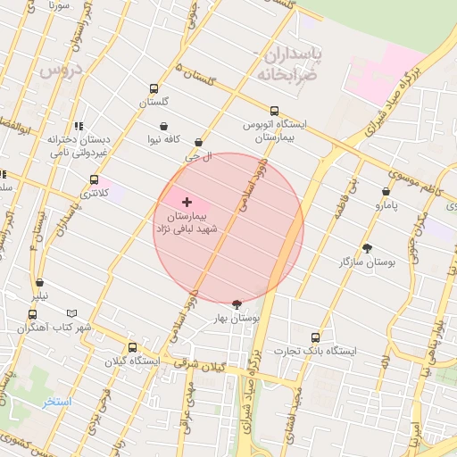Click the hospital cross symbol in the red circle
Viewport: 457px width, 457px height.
tap(187, 203)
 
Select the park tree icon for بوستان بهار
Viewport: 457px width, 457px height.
tap(236, 304)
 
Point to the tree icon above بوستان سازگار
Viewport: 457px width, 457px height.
tap(367, 248)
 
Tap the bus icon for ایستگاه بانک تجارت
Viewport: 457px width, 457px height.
tap(315, 337)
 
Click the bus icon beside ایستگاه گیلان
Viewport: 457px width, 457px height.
tap(132, 348)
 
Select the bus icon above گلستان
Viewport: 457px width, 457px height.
tap(154, 89)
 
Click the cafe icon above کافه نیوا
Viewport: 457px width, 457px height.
tap(164, 127)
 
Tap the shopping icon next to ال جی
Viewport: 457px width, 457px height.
tap(198, 142)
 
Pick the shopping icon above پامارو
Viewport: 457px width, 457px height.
tap(386, 191)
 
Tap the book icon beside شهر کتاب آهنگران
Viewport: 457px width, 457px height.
tap(72, 314)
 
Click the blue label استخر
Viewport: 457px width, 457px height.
tap(57, 403)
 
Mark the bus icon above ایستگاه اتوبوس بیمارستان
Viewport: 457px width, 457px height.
tap(274, 112)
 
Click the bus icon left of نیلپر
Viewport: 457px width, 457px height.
tap(33, 314)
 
